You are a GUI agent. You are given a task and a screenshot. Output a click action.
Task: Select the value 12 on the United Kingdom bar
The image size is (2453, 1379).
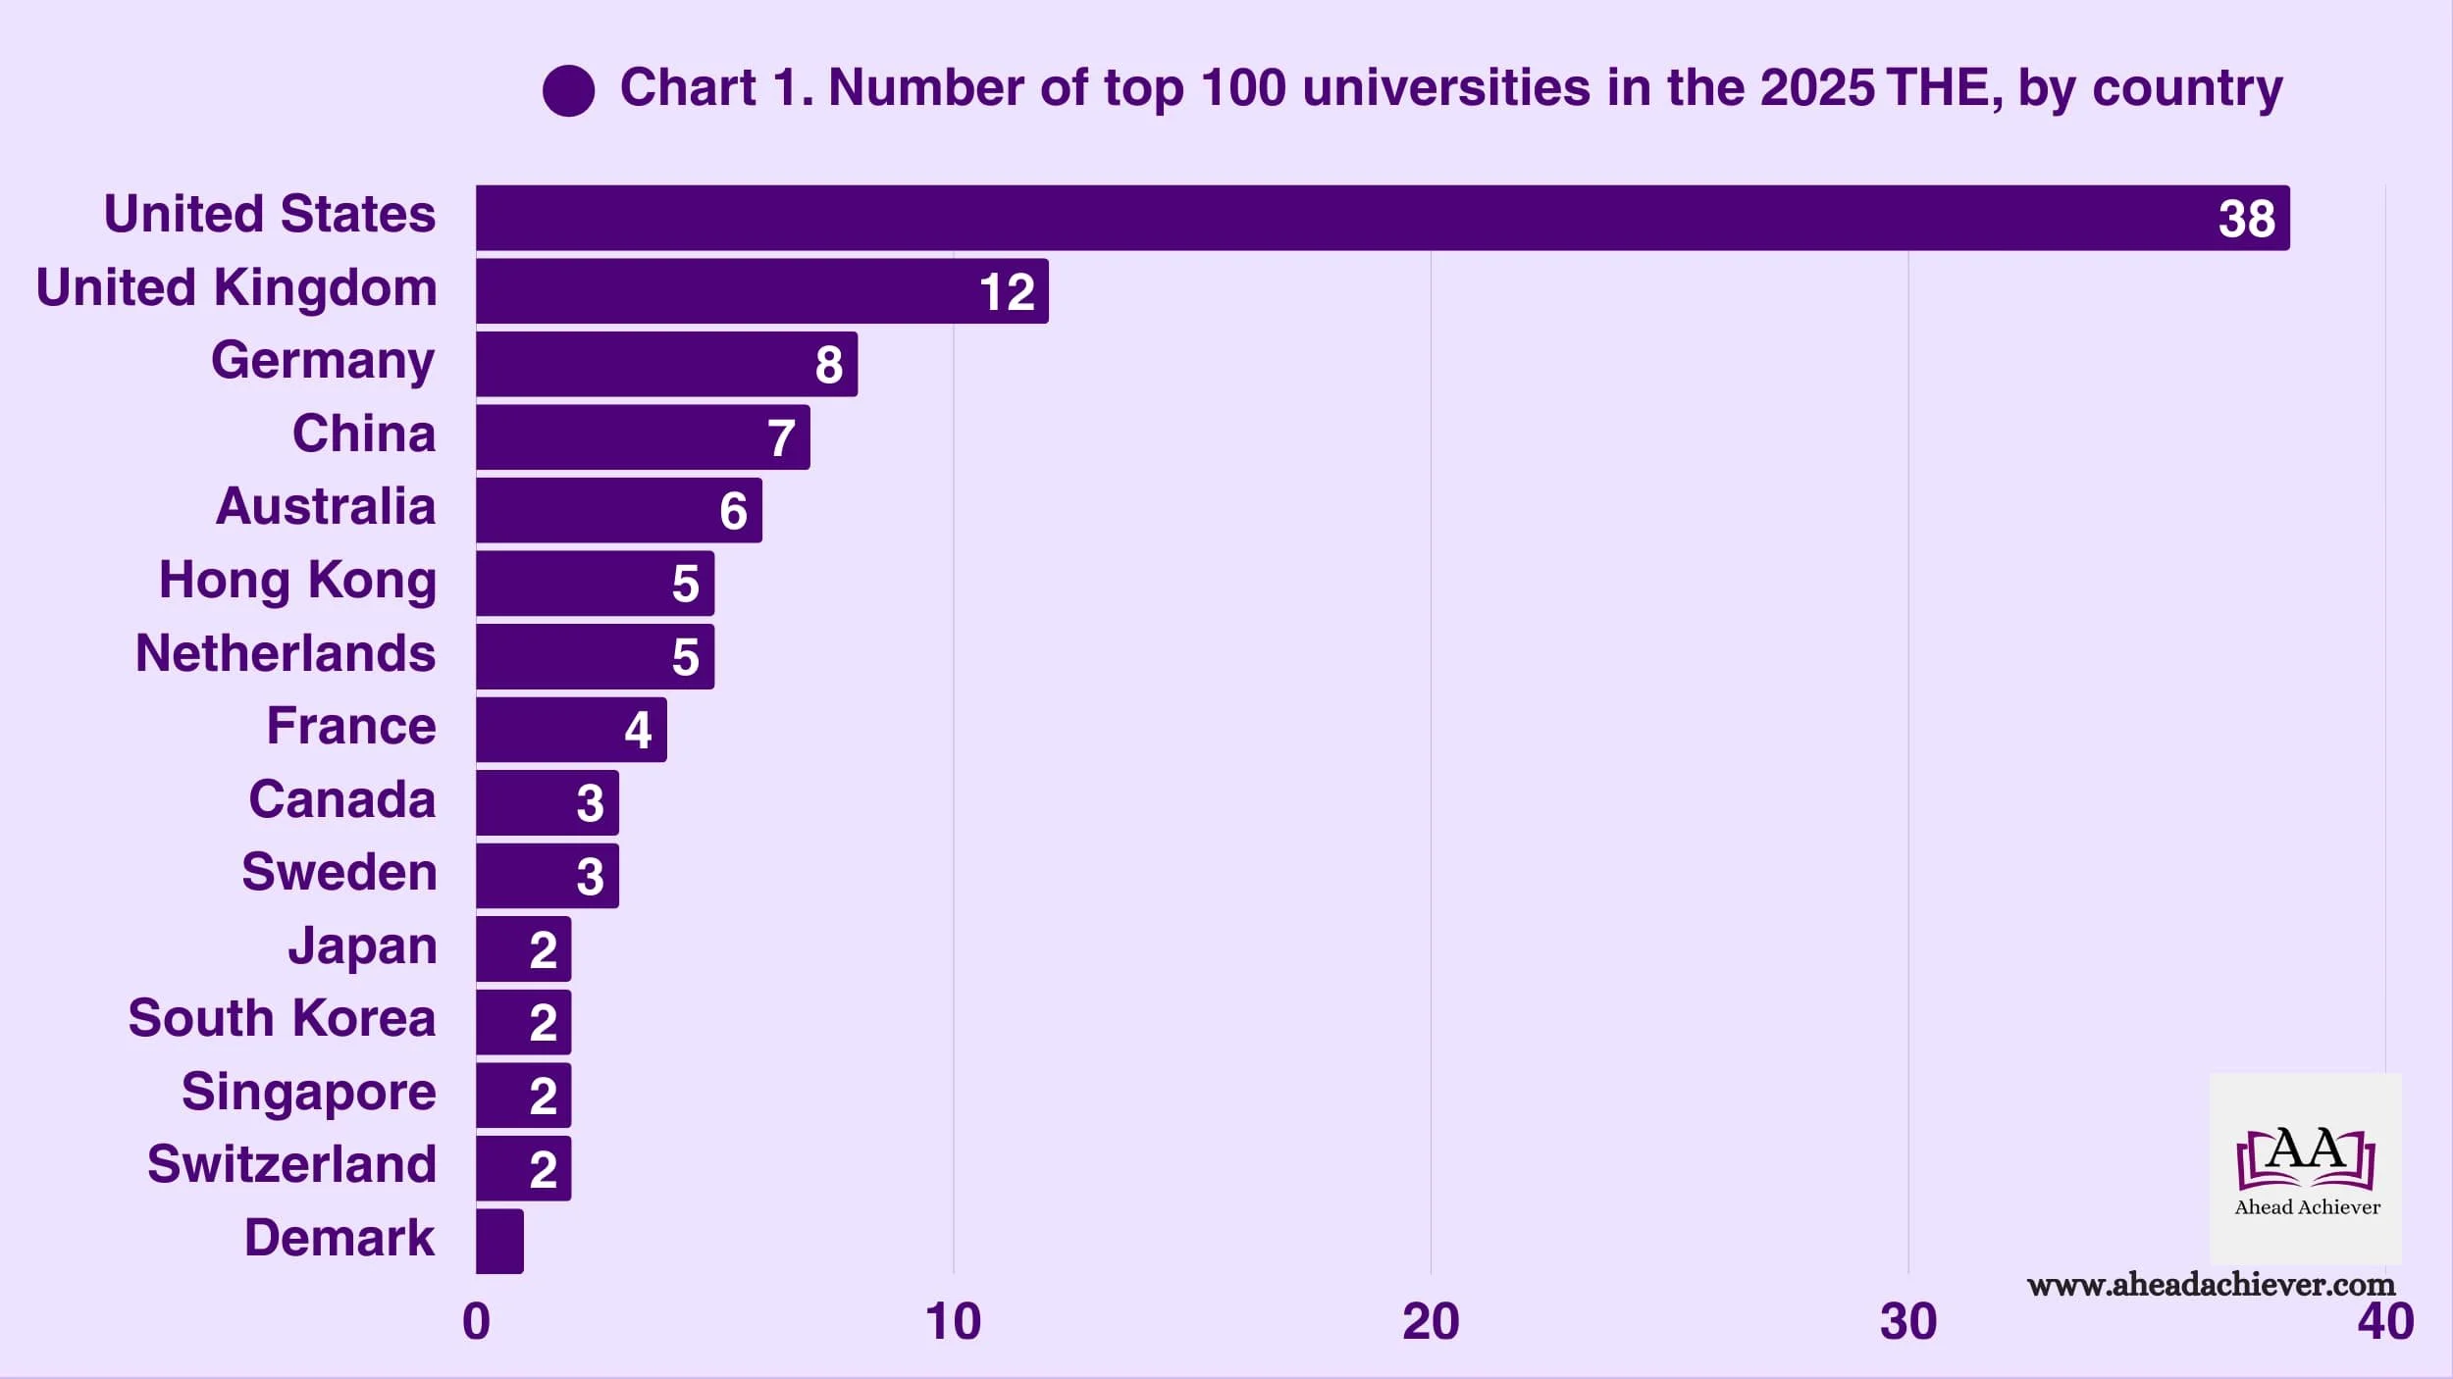click(1007, 292)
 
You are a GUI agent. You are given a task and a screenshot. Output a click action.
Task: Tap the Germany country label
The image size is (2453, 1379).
click(323, 361)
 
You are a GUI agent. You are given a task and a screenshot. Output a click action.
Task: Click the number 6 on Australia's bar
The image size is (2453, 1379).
click(733, 511)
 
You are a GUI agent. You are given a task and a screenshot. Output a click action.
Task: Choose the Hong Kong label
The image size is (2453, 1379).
click(297, 581)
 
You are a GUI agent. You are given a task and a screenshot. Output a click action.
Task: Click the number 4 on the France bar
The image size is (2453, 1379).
click(638, 731)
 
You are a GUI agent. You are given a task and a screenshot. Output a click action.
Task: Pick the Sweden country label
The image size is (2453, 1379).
click(339, 872)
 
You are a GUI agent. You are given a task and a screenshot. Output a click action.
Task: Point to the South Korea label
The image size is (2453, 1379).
click(282, 1018)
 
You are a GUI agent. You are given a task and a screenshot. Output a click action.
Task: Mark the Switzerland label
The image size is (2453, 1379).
click(291, 1164)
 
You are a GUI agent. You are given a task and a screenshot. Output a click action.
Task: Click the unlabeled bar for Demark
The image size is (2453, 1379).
click(499, 1241)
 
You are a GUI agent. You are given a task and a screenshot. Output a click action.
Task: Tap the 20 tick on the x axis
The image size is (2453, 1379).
click(1430, 1321)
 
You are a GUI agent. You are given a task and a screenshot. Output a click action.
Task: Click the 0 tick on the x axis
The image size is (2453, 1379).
click(476, 1321)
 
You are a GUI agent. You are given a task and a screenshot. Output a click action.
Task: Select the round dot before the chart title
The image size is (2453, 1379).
click(568, 91)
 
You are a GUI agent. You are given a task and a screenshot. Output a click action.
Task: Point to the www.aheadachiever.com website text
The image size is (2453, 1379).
click(2211, 1285)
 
